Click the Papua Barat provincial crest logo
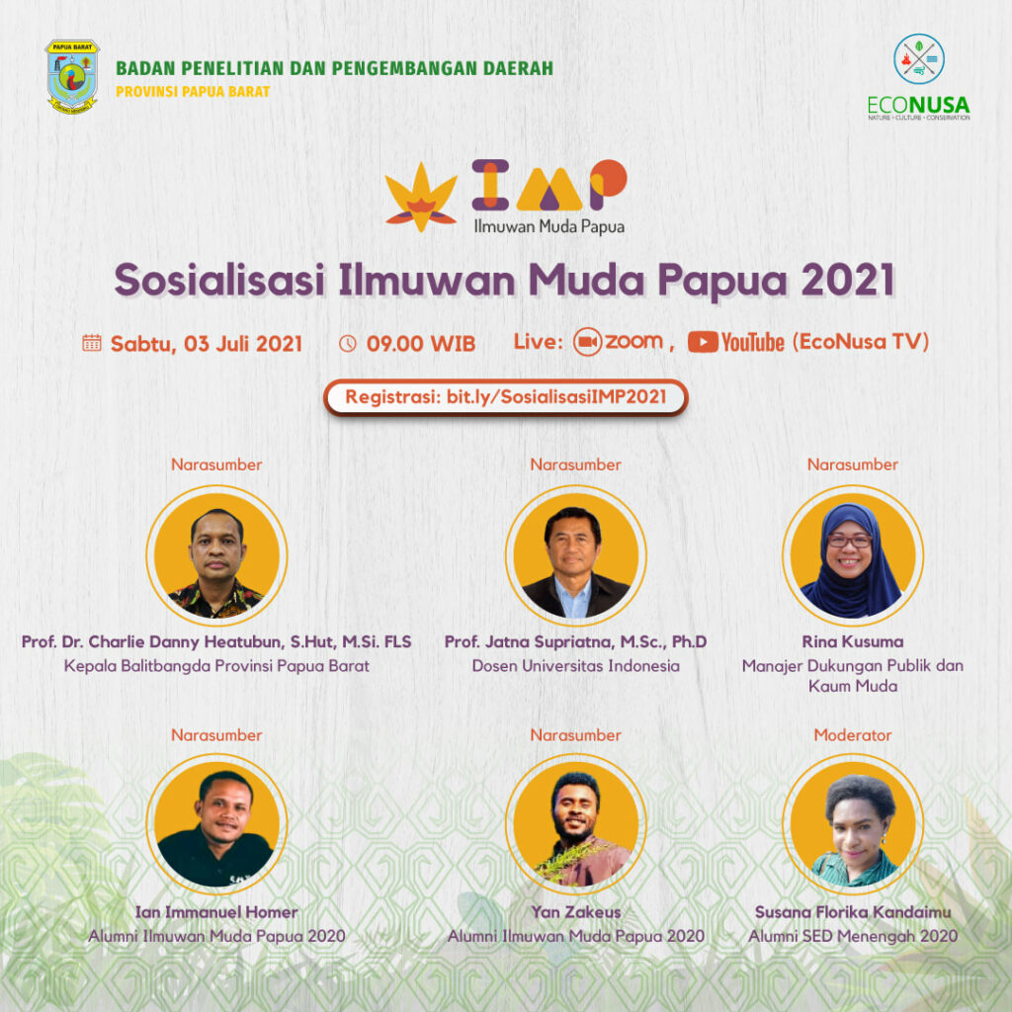[72, 77]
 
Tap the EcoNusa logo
[918, 77]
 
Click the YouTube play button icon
[703, 342]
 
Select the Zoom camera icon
[587, 342]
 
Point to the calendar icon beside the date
[92, 343]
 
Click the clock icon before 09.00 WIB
[348, 343]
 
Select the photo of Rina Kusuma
[853, 555]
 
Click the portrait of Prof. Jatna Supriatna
[576, 555]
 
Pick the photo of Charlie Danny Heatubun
[216, 555]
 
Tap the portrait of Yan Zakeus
[576, 824]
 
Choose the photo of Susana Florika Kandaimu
[853, 824]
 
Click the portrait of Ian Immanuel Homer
[216, 824]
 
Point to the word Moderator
[853, 735]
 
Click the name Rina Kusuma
[853, 641]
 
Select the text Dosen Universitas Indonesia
[576, 666]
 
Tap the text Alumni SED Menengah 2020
[853, 936]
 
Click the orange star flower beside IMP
[421, 197]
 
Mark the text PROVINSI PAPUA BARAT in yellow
[193, 92]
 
